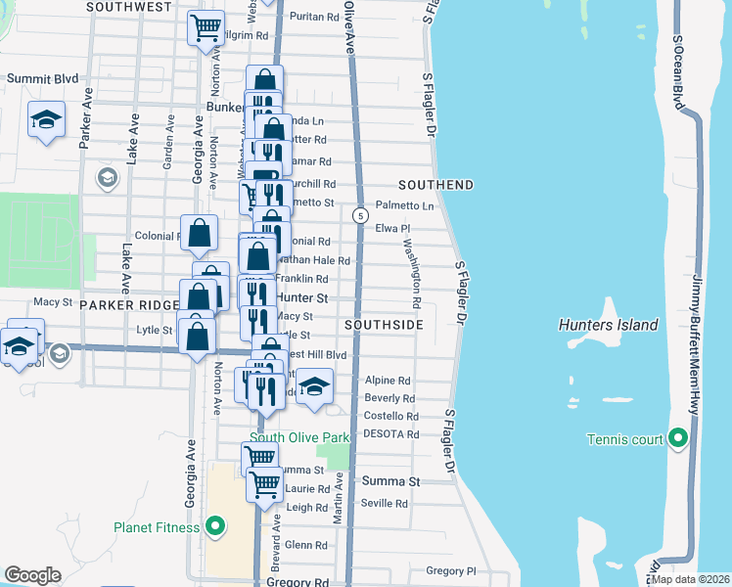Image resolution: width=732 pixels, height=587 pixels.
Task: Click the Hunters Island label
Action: pyautogui.click(x=608, y=325)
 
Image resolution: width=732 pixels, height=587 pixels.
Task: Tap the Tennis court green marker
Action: pyautogui.click(x=677, y=439)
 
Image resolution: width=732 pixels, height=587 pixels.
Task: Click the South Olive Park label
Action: pyautogui.click(x=299, y=437)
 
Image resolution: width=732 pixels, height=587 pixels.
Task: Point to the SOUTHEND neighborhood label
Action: pyautogui.click(x=435, y=185)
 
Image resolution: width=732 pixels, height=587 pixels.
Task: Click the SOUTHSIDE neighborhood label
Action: pyautogui.click(x=384, y=324)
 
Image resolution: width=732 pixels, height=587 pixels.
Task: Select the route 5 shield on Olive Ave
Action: pyautogui.click(x=361, y=215)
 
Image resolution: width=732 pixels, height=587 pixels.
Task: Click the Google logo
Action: pyautogui.click(x=32, y=575)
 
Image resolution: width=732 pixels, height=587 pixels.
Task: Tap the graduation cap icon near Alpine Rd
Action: pyautogui.click(x=314, y=384)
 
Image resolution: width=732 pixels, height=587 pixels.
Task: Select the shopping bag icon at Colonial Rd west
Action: pyautogui.click(x=199, y=233)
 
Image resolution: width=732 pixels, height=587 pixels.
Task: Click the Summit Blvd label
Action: pyautogui.click(x=37, y=78)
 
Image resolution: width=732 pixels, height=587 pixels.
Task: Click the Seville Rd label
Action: pyautogui.click(x=386, y=503)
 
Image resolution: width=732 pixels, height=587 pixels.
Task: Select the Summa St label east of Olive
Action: pyautogui.click(x=390, y=481)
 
